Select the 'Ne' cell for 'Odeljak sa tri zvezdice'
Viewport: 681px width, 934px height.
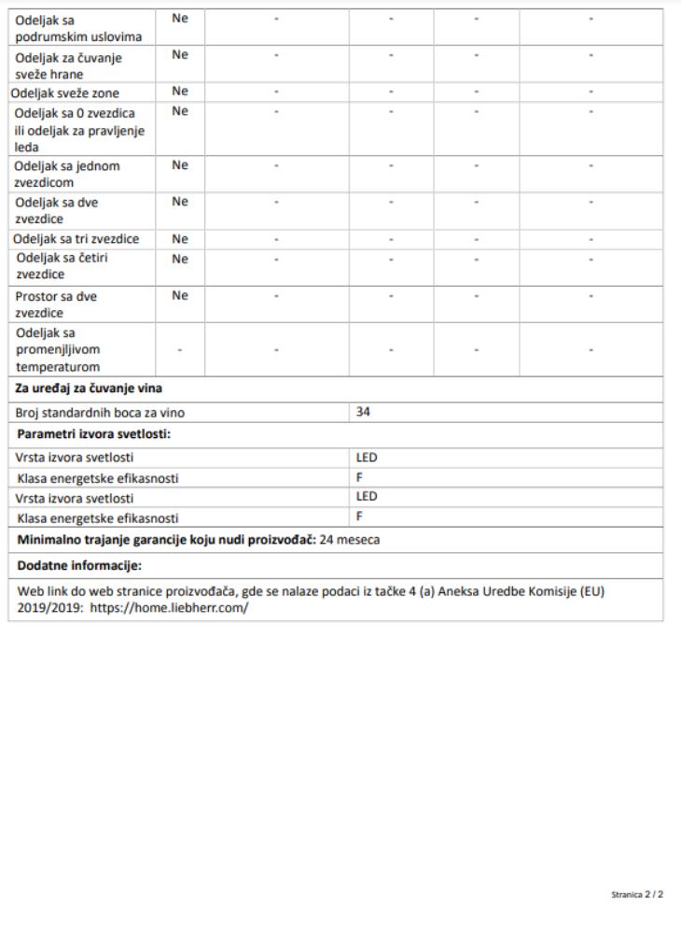[180, 239]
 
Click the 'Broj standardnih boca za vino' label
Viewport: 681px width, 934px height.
[100, 412]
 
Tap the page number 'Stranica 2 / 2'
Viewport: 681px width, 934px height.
[637, 894]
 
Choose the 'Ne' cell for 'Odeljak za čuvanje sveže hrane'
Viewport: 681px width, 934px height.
[180, 55]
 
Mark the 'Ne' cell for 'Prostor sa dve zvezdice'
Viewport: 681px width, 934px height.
[180, 295]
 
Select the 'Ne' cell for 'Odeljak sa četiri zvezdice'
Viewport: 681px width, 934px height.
[180, 259]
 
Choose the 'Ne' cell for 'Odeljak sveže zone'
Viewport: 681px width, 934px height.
[180, 92]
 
